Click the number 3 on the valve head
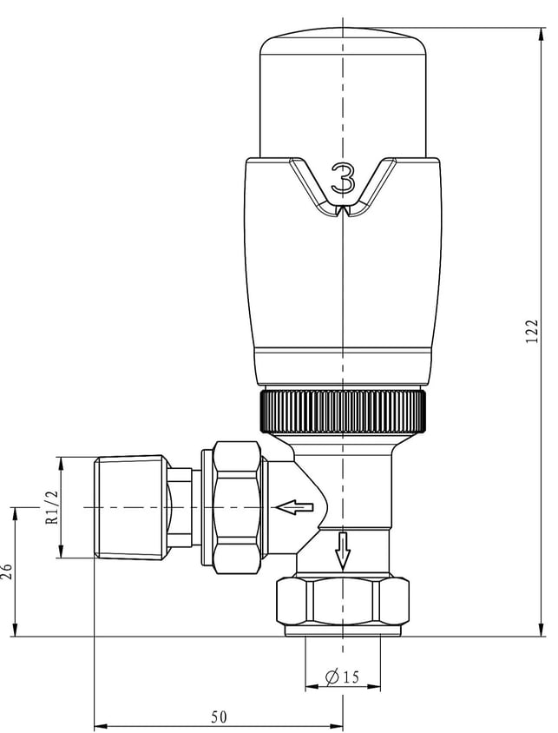point(343,178)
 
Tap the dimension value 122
point(532,332)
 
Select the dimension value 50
point(219,716)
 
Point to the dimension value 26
point(6,571)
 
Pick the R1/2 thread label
point(53,506)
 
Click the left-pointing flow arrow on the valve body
point(295,507)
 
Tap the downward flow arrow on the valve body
point(343,551)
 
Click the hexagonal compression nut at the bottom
point(343,602)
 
